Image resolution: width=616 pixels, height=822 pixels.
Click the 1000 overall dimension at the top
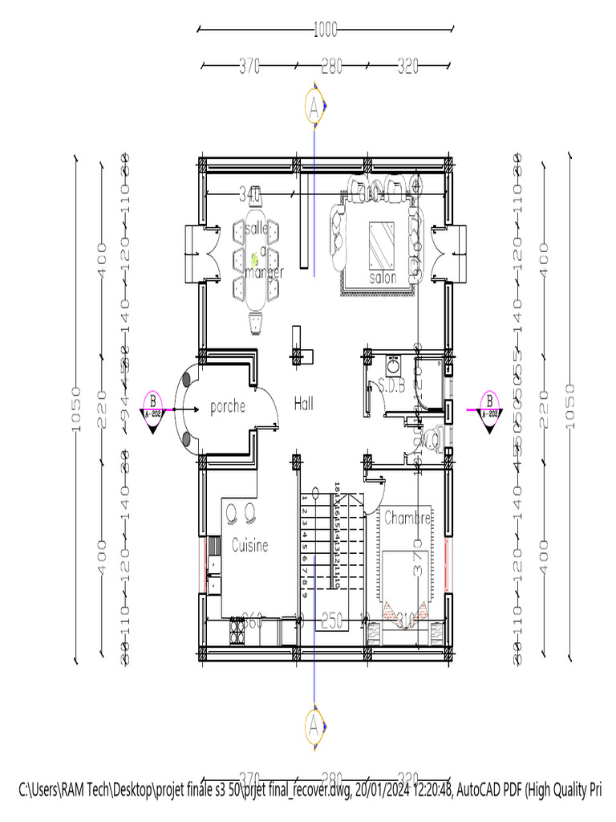(x=325, y=31)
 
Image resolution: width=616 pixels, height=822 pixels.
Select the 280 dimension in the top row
(x=332, y=67)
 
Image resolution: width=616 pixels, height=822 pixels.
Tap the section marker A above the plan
(x=314, y=105)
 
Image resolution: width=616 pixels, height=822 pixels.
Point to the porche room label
(x=227, y=407)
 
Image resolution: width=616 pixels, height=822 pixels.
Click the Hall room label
(x=304, y=403)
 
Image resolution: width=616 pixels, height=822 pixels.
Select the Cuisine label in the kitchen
(x=249, y=546)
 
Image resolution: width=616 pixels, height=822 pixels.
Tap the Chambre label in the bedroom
(x=407, y=519)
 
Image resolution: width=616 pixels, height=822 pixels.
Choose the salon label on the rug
(x=383, y=278)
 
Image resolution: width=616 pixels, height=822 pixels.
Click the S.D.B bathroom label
(x=391, y=385)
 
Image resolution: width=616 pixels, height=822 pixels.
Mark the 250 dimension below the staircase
(x=332, y=620)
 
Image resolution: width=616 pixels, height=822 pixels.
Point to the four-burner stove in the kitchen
(x=237, y=632)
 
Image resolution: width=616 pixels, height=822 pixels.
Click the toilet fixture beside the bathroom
(x=433, y=438)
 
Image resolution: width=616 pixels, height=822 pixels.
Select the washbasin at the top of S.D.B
(x=394, y=366)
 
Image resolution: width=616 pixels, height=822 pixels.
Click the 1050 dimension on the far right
(x=570, y=407)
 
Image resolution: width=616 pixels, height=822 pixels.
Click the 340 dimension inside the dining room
(x=249, y=194)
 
